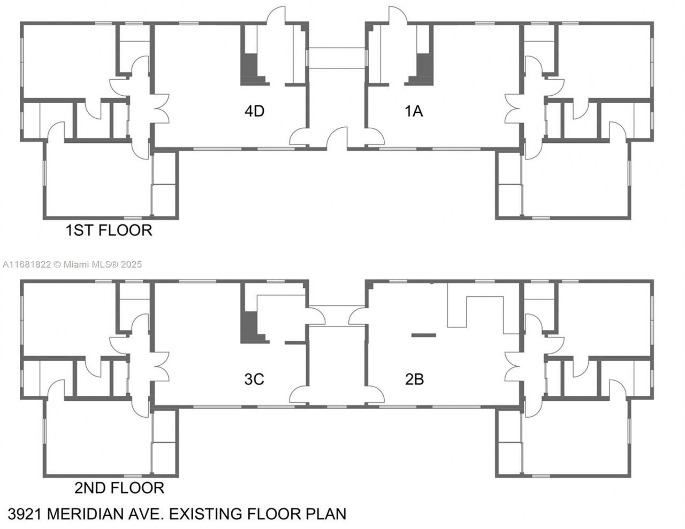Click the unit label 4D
point(254,111)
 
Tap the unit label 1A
point(414,111)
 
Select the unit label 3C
point(254,379)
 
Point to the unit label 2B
point(414,379)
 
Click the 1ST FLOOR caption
point(109,231)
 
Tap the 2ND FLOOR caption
point(119,488)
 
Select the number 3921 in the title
point(25,514)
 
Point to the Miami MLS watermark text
point(72,264)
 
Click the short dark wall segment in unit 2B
point(423,335)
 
